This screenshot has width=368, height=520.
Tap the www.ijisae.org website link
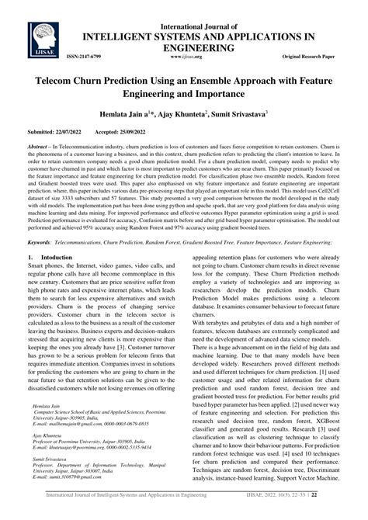[x=185, y=57]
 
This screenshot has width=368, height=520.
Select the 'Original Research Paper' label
[x=318, y=57]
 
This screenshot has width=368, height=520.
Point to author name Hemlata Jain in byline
[x=125, y=113]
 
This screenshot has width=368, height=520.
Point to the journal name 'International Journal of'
[x=201, y=10]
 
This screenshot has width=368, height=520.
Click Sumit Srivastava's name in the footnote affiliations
[x=41, y=481]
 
